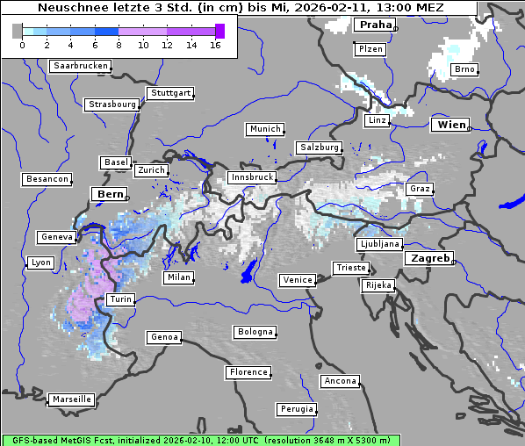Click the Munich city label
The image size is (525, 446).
point(264,129)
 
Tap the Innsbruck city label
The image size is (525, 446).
point(251,177)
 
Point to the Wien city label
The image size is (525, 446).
point(450,125)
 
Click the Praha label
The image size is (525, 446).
point(375,25)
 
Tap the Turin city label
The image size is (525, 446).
point(120,299)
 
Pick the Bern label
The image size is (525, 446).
point(110,194)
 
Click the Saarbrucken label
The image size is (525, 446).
point(81,66)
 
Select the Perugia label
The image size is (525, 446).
point(296,409)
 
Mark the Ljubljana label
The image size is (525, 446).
point(379,244)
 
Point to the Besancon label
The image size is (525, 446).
point(47,179)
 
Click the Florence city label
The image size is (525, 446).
point(248,372)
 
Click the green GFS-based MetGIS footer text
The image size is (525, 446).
point(200,440)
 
